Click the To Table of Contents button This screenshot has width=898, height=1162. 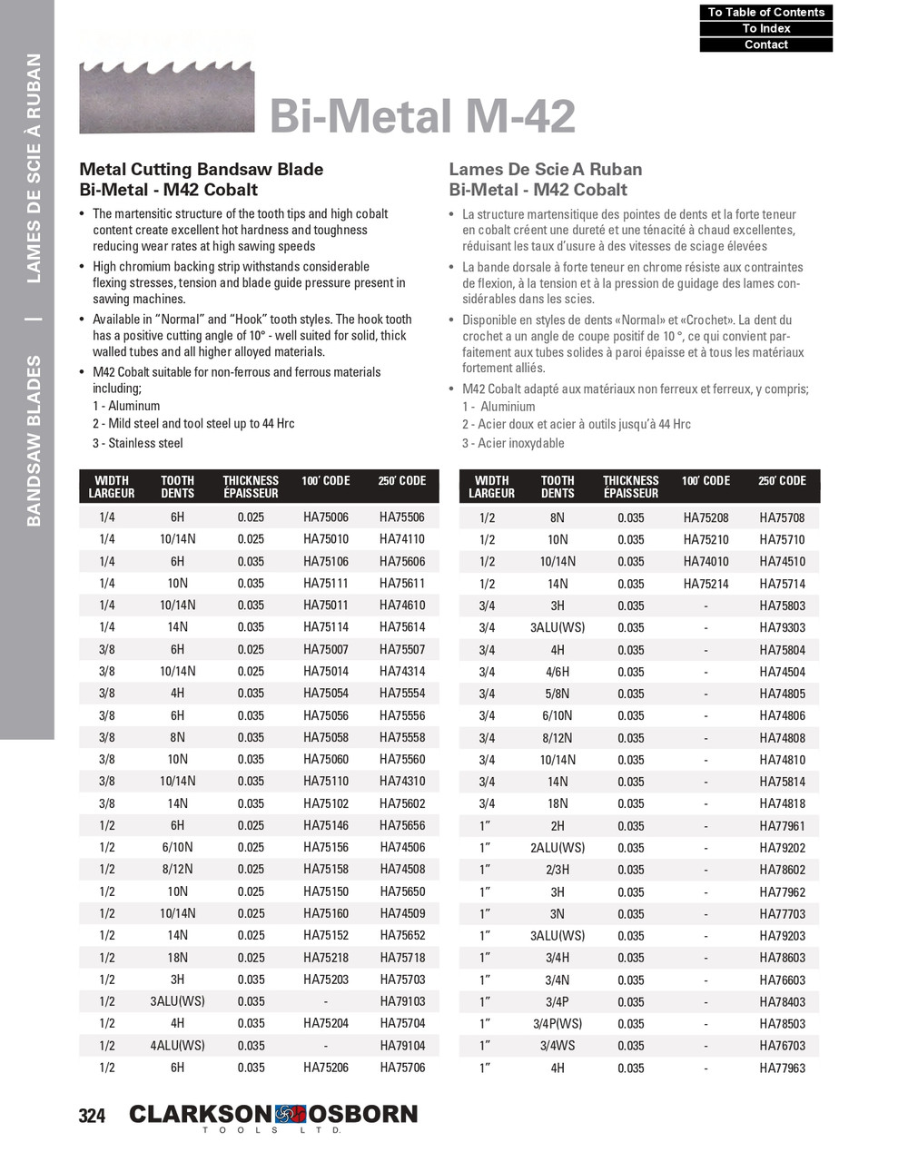pyautogui.click(x=765, y=12)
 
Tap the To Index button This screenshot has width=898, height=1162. pyautogui.click(x=765, y=28)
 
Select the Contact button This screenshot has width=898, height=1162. pyautogui.click(x=765, y=44)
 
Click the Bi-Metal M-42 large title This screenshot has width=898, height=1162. pyautogui.click(x=422, y=116)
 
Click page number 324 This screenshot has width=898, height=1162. pyautogui.click(x=92, y=1116)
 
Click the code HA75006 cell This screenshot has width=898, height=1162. pyautogui.click(x=325, y=517)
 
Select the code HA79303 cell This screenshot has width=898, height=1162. pyautogui.click(x=782, y=627)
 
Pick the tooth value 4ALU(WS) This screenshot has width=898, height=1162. pyautogui.click(x=177, y=1046)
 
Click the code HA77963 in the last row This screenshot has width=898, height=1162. pyautogui.click(x=782, y=1068)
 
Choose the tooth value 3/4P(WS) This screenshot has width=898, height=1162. pyautogui.click(x=557, y=1024)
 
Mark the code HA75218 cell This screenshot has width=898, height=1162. pyautogui.click(x=325, y=958)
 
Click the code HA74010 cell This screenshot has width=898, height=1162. pyautogui.click(x=706, y=562)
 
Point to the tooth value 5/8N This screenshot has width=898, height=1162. pyautogui.click(x=557, y=694)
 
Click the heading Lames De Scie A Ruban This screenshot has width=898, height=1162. pyautogui.click(x=545, y=170)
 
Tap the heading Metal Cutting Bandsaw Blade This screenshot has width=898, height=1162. pyautogui.click(x=201, y=170)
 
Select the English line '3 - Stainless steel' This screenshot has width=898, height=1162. pyautogui.click(x=137, y=443)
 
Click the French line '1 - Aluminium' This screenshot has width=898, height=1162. pyautogui.click(x=498, y=407)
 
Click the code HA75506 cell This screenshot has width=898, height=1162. pyautogui.click(x=401, y=517)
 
